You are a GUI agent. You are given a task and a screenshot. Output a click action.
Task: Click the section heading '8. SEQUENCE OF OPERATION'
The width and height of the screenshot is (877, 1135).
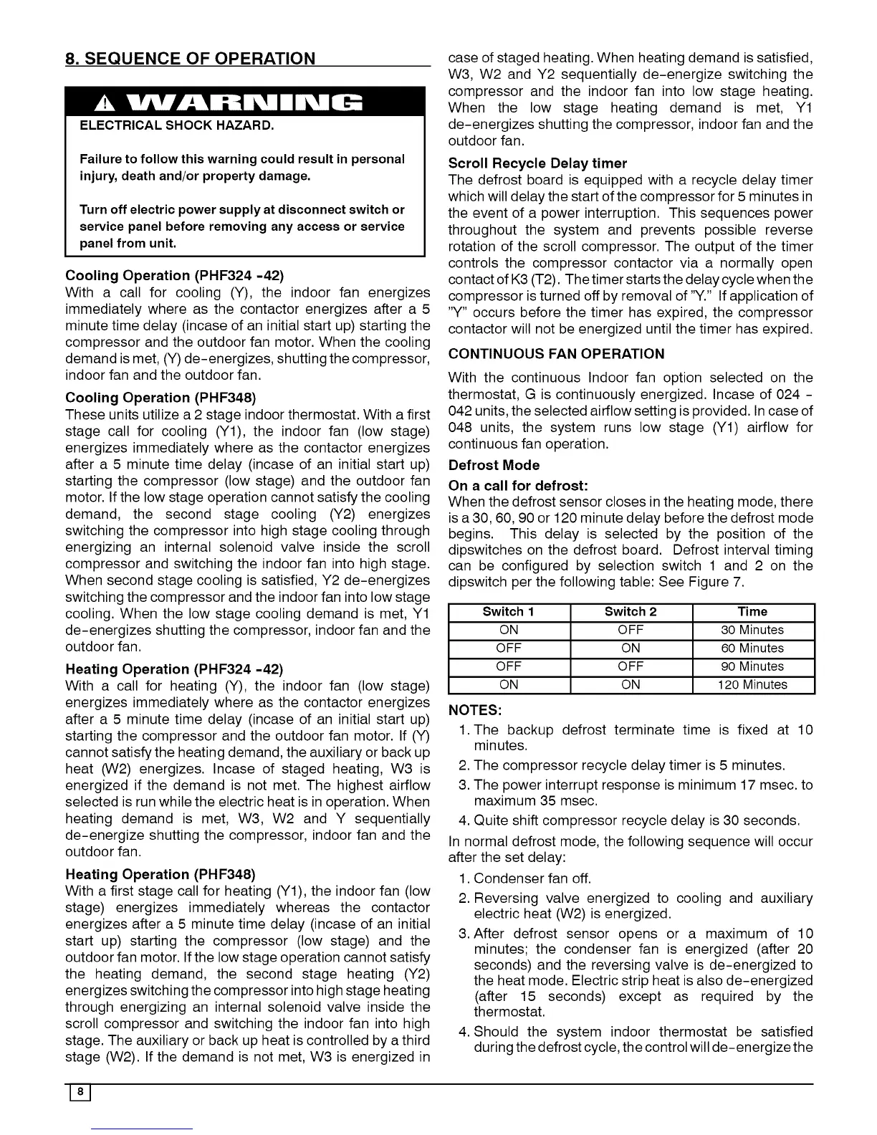190,58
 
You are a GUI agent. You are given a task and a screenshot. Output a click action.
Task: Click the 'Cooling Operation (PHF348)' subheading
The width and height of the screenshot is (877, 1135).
160,398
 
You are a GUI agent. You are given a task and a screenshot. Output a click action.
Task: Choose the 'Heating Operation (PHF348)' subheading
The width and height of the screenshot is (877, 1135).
160,874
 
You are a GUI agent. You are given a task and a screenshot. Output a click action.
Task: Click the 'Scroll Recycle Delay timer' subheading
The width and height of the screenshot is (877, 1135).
537,163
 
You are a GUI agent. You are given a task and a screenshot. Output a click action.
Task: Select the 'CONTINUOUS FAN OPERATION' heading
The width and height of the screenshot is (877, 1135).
556,354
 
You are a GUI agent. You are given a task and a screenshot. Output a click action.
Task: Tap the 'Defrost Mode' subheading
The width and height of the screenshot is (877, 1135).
494,465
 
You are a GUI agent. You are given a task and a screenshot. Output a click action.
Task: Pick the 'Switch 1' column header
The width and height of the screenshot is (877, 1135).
509,612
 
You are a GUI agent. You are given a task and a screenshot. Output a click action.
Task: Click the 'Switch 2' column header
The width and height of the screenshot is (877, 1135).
631,612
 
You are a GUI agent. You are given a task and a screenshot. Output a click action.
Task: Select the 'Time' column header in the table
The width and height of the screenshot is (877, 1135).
752,612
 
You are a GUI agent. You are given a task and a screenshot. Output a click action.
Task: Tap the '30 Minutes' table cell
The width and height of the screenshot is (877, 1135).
752,631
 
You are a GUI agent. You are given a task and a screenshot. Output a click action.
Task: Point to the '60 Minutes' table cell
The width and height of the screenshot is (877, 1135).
752,648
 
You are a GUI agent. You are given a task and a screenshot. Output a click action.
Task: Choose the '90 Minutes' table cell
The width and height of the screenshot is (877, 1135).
752,666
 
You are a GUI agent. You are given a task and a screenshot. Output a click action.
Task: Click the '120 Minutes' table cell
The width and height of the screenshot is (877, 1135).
752,685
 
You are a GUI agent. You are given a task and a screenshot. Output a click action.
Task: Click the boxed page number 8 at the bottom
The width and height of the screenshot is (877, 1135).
82,1092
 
